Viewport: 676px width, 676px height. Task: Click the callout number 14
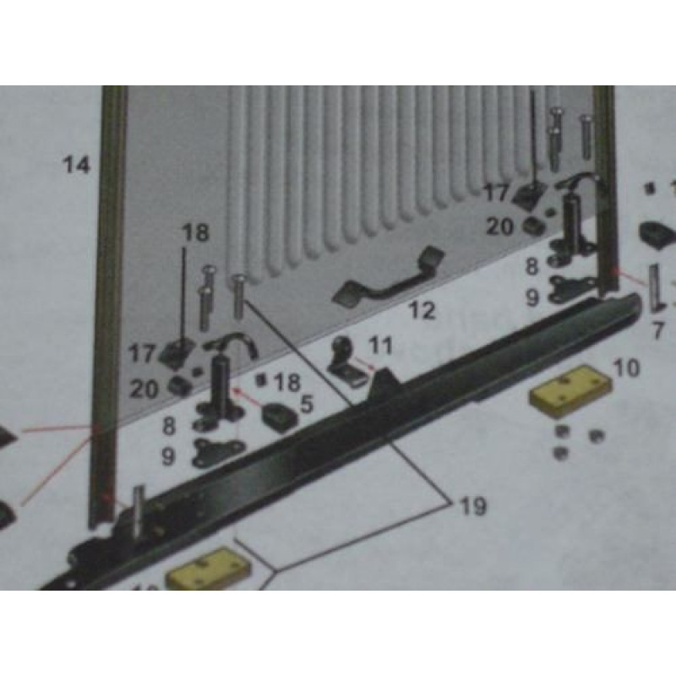pos(77,165)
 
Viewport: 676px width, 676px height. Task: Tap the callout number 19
pos(473,506)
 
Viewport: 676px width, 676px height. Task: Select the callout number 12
pos(422,310)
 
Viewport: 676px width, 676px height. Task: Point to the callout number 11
pos(381,346)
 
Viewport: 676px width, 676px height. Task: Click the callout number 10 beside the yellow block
pos(626,368)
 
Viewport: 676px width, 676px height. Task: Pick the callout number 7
pos(657,330)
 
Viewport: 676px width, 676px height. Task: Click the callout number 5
pos(306,404)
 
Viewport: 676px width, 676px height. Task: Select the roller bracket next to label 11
pos(345,363)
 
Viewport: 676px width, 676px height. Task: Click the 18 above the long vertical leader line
pos(195,232)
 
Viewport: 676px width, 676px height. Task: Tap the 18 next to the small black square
pos(287,382)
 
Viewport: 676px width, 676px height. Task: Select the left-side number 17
pos(142,353)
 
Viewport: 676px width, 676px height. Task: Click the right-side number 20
pos(499,226)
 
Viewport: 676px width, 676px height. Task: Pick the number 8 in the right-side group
pos(532,266)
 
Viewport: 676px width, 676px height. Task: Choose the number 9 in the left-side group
pos(168,457)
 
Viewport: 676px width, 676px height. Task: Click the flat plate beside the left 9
pos(219,453)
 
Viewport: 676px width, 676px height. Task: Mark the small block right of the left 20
pos(179,385)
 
